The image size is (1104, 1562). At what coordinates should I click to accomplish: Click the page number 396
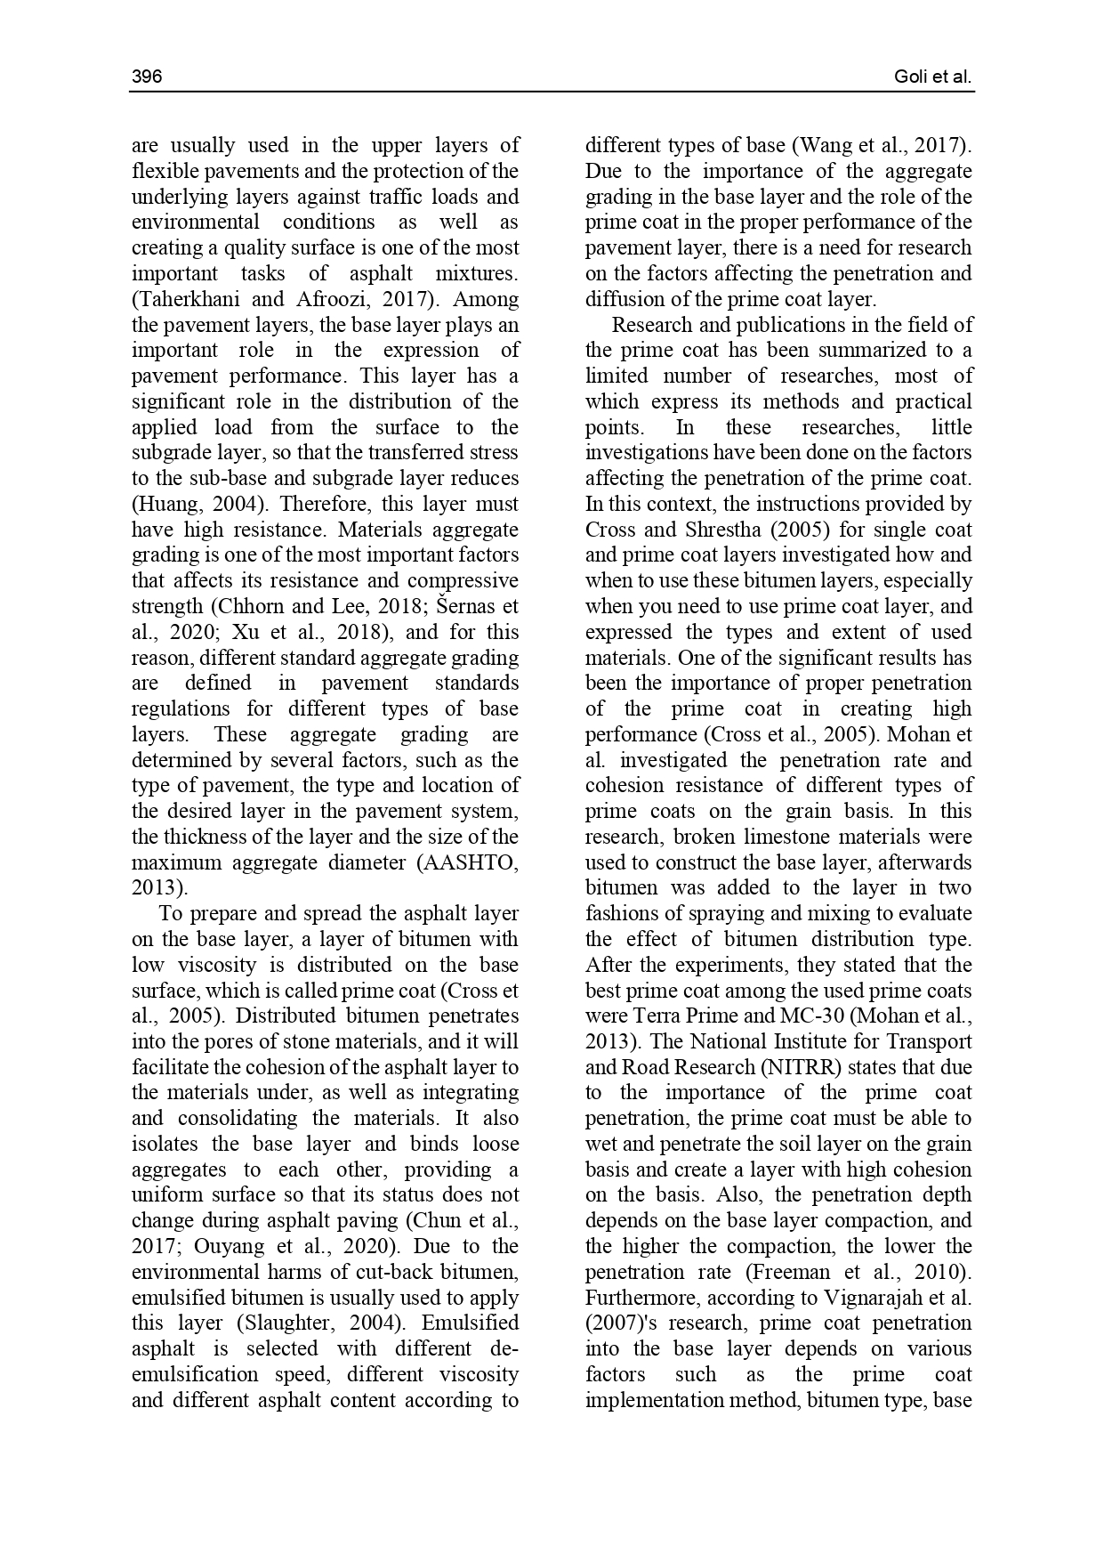pyautogui.click(x=147, y=77)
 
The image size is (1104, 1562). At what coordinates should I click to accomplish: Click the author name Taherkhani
pyautogui.click(x=189, y=299)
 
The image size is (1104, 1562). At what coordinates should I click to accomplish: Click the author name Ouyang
pyautogui.click(x=227, y=1246)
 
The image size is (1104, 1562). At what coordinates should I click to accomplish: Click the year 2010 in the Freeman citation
pyautogui.click(x=945, y=1272)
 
